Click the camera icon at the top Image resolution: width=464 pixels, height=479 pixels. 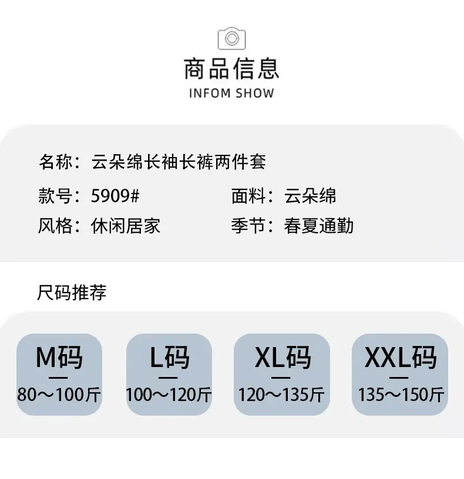tap(231, 38)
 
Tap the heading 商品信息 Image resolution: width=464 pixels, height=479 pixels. tap(231, 69)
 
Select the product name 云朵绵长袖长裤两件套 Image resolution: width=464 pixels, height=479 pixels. tap(179, 162)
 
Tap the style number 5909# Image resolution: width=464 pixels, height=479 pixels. tap(115, 196)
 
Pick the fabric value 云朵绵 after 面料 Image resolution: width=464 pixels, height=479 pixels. tap(310, 196)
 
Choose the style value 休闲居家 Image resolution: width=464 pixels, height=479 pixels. tap(126, 226)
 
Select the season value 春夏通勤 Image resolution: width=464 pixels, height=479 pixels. tap(318, 226)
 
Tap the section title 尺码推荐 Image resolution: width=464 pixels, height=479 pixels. tap(72, 293)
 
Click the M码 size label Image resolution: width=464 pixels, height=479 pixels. tap(59, 357)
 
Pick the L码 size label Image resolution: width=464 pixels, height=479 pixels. tap(170, 357)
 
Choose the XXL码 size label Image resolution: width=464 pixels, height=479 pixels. tap(401, 357)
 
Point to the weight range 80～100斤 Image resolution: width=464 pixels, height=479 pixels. tap(59, 395)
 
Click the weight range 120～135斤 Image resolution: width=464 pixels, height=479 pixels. tap(281, 395)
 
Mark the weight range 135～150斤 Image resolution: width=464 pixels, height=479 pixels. tap(401, 395)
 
